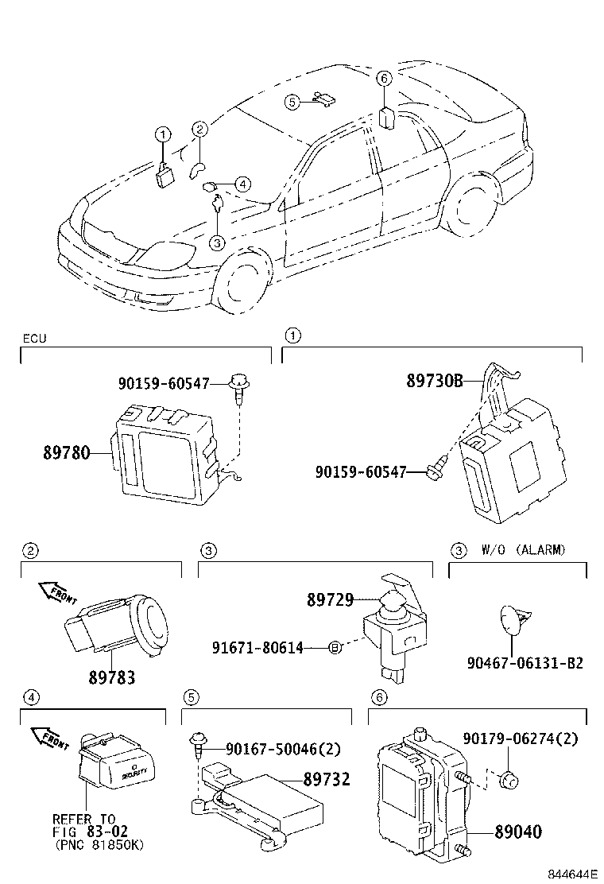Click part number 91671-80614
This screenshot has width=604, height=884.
coord(257,648)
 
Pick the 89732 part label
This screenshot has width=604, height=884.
coord(326,780)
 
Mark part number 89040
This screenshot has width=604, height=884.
coord(518,832)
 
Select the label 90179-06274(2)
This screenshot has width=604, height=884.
coord(520,739)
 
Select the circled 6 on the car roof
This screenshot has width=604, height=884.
coord(384,78)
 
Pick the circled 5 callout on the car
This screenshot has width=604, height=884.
coord(292,102)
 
